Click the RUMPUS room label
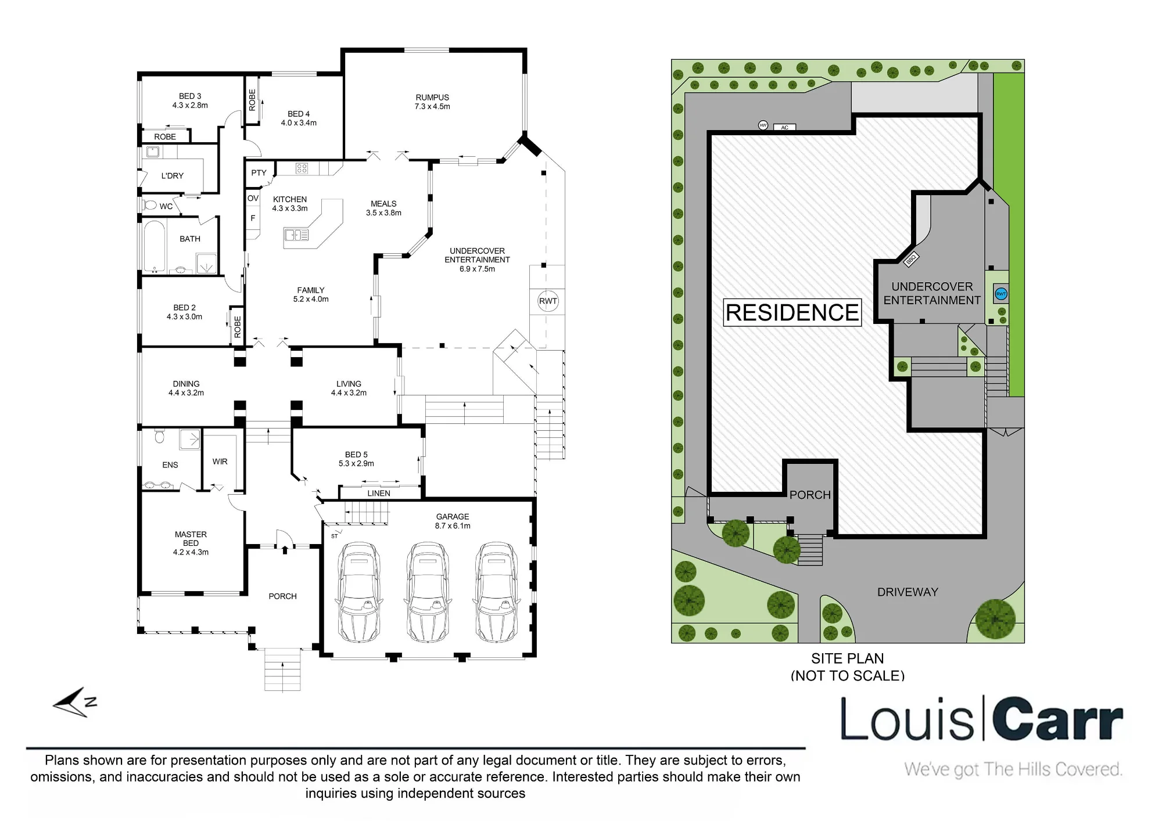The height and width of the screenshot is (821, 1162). coord(432,98)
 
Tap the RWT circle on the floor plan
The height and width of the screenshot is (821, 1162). coord(548,301)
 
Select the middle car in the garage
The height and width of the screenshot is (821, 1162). coord(428,592)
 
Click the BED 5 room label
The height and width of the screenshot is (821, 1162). coord(356,455)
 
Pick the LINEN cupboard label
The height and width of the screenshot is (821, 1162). coord(379,494)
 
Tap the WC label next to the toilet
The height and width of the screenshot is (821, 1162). coord(166,206)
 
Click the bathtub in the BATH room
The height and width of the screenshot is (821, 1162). coord(155,246)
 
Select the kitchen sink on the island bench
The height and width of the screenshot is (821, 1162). coord(296,235)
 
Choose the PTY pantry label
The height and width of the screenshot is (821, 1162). coord(259,173)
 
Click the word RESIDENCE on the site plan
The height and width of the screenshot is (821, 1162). coord(792,312)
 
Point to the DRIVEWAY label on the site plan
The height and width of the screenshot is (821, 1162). coord(908,592)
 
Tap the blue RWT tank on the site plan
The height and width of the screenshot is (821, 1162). coord(1001,294)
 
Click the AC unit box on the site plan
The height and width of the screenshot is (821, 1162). coord(785,127)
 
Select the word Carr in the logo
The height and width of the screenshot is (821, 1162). coord(1057,720)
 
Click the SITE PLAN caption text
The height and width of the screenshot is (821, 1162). coord(848,658)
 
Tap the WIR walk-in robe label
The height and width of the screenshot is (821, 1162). coord(220,462)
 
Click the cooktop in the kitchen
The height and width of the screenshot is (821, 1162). coord(302,168)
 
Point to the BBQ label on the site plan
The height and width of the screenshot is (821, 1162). coord(910,260)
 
